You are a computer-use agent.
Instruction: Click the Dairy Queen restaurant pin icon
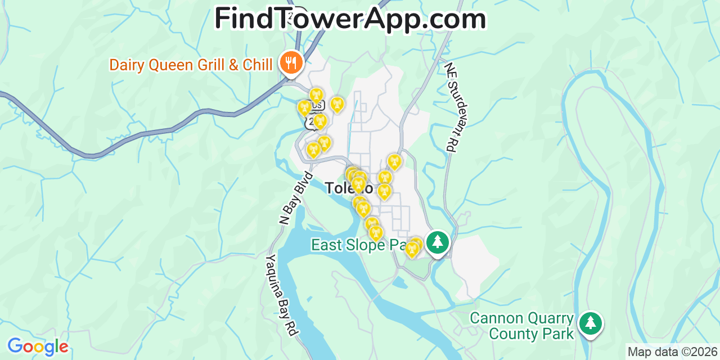(x=291, y=62)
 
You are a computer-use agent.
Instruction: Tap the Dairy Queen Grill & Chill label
(x=191, y=65)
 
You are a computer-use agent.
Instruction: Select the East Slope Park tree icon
(x=437, y=242)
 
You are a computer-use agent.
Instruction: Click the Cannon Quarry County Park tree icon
(x=590, y=323)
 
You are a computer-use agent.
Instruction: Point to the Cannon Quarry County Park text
(x=522, y=326)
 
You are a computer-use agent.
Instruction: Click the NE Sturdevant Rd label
(x=457, y=106)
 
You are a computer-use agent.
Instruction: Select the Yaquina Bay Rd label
(x=281, y=296)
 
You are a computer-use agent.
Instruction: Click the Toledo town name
(x=349, y=188)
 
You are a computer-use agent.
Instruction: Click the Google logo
(x=37, y=346)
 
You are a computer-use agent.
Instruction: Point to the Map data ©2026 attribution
(x=672, y=352)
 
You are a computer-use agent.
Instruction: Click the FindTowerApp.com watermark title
(x=350, y=19)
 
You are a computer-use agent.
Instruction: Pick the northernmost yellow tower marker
(x=317, y=94)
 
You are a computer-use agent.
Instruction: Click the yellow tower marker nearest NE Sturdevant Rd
(x=394, y=161)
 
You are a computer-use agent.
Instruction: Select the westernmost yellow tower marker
(x=304, y=107)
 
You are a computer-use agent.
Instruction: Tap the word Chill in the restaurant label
(x=258, y=65)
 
